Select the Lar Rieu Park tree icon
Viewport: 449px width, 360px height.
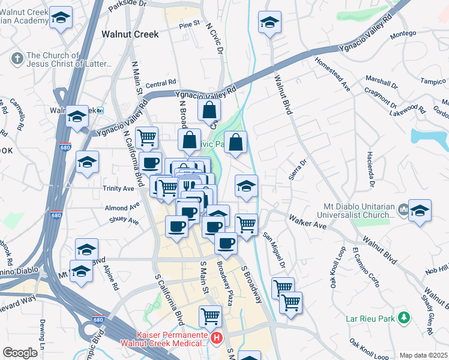point(405,316)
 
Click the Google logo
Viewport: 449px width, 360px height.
point(20,353)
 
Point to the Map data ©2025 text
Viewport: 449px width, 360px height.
point(423,355)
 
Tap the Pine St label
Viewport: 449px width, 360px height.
point(188,25)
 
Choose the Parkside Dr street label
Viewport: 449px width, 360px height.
point(127,4)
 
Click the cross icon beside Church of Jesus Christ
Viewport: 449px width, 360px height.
point(17,59)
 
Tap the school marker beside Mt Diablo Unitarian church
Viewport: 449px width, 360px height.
point(420,212)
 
